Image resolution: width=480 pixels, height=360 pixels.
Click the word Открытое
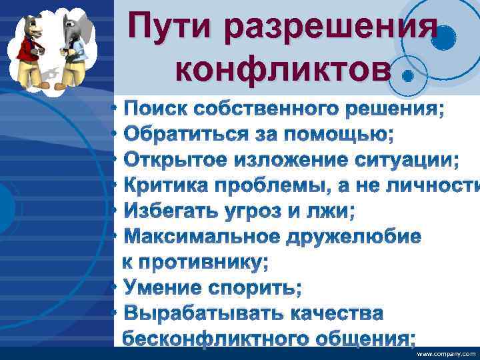click(x=175, y=161)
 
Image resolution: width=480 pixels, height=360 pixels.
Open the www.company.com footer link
click(x=446, y=355)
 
